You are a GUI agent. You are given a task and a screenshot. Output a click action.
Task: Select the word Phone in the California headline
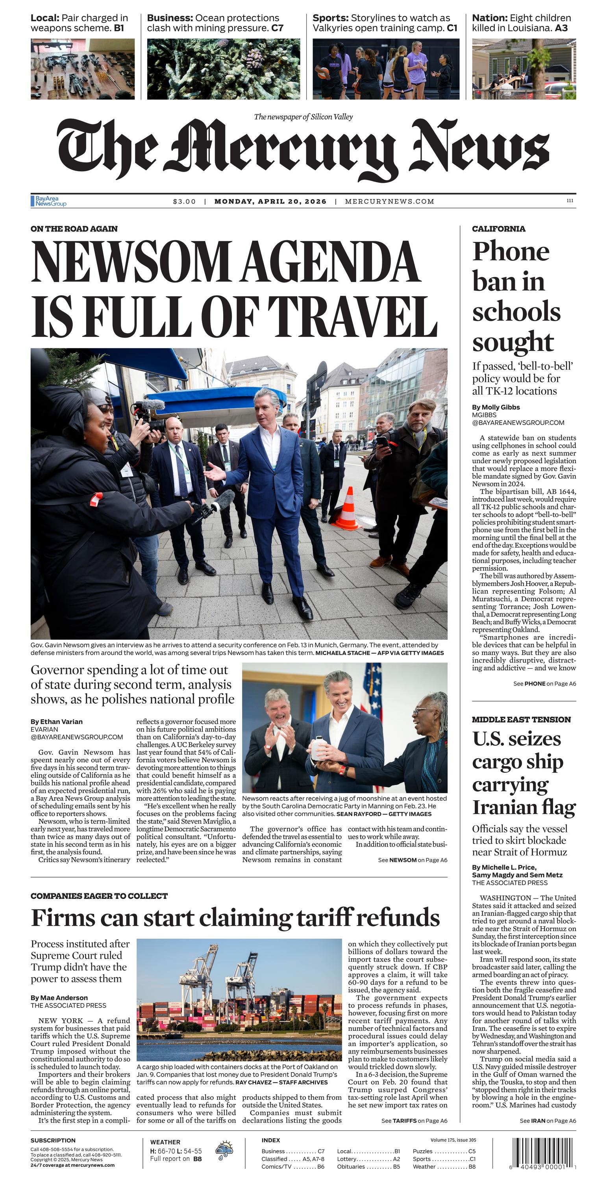point(511,252)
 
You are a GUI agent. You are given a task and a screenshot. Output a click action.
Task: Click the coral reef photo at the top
point(223,69)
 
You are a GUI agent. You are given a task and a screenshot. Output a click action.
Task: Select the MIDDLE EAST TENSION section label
point(521,719)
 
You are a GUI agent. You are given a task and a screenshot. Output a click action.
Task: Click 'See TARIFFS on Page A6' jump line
point(413,1121)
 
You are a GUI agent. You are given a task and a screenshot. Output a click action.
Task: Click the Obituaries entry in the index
point(351,1166)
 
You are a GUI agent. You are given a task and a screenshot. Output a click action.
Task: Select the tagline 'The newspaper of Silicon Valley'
point(303,117)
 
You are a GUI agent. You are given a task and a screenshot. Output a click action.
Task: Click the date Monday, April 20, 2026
point(270,201)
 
